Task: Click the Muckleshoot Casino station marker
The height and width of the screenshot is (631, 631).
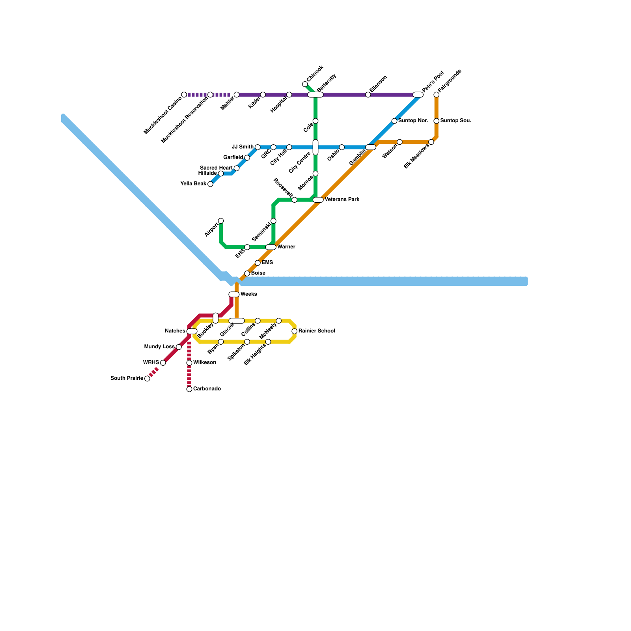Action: click(184, 95)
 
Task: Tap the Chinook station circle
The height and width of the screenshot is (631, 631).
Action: click(305, 84)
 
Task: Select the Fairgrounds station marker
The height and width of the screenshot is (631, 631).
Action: click(437, 95)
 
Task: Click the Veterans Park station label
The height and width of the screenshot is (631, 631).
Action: click(342, 200)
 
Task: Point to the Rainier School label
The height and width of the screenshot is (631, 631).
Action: click(317, 331)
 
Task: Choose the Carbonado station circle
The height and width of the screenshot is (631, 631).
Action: click(189, 389)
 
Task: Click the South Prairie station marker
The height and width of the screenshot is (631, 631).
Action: click(147, 379)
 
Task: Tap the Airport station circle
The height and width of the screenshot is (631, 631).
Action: click(221, 221)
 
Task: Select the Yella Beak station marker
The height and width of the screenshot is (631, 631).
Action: click(210, 184)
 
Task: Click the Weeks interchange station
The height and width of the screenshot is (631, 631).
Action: click(234, 294)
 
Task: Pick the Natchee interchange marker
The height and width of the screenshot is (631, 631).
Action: click(192, 331)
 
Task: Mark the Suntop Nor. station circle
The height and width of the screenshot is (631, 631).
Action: click(394, 121)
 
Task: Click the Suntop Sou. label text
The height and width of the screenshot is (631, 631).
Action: click(456, 121)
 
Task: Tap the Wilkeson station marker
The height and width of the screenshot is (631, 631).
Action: click(189, 363)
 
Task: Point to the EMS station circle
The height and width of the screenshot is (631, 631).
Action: click(258, 263)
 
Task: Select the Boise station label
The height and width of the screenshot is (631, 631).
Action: click(258, 273)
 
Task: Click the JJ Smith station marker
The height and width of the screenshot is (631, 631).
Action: click(258, 147)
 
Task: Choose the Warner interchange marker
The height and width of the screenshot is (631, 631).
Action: click(271, 247)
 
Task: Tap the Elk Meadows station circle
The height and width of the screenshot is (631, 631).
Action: click(431, 142)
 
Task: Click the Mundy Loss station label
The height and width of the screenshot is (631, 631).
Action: click(159, 347)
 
